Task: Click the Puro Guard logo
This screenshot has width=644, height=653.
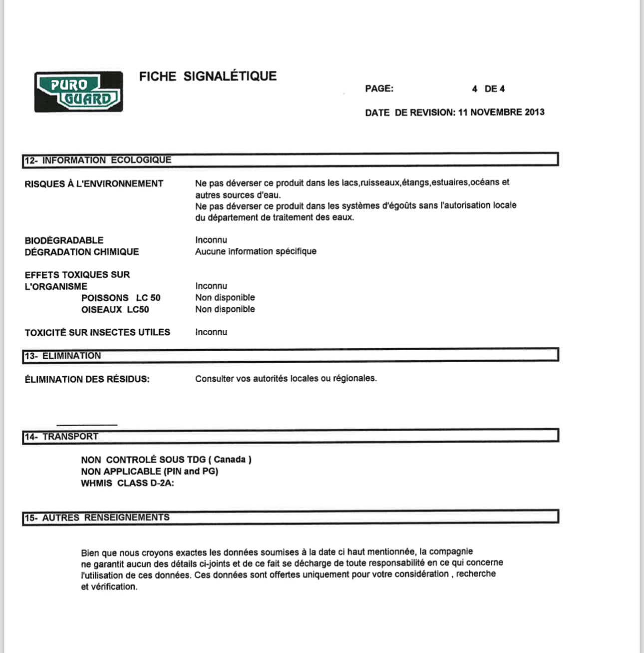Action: coord(78,91)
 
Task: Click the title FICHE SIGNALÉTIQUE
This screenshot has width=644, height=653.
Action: coord(208,76)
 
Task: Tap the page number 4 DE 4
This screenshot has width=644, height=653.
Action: coord(488,89)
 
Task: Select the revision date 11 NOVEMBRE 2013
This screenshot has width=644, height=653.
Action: coord(501,112)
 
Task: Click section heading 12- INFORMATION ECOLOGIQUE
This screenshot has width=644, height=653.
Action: coord(98,160)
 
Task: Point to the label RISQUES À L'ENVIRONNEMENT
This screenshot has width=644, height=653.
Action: coord(94,184)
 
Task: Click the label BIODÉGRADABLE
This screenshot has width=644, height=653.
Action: coord(64,240)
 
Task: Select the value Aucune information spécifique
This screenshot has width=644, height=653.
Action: coord(256,251)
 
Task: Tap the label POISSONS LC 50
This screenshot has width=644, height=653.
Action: coord(121,298)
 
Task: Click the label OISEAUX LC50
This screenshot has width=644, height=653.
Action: coord(115,310)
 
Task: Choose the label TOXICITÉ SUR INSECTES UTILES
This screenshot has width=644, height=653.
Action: coord(97,332)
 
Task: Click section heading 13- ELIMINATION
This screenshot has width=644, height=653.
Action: coord(63,356)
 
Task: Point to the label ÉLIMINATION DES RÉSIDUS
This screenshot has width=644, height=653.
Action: coord(87,379)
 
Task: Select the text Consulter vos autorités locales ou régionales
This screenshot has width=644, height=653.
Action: coord(286,379)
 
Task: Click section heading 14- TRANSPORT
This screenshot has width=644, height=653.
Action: coord(61,437)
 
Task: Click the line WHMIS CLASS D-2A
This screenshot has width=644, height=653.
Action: coord(127,483)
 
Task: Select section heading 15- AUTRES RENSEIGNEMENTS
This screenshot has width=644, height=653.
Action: coord(97,518)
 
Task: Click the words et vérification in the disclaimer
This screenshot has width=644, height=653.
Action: coord(109,587)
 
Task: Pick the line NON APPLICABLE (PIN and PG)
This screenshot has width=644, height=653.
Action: coord(149,471)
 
